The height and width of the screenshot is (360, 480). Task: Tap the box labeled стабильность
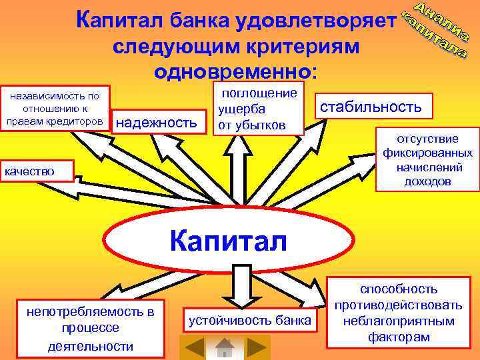coord(371,107)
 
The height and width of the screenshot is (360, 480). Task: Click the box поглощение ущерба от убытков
coord(257,108)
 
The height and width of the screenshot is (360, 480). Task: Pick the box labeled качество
coord(37,172)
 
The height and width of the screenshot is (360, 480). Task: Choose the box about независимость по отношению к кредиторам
coord(54,109)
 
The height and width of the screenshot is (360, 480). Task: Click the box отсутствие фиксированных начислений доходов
coord(427,160)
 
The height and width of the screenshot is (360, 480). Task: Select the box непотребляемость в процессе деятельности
coord(89,328)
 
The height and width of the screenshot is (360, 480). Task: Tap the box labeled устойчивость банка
coord(250,321)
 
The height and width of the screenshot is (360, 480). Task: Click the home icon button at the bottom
coord(225,347)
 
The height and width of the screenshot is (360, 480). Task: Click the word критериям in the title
coord(301,47)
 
